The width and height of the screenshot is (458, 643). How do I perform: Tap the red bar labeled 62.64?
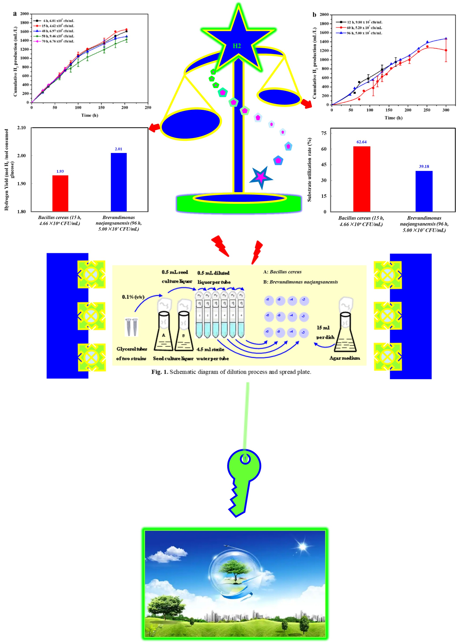(362, 179)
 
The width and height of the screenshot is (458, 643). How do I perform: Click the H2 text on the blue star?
(237, 46)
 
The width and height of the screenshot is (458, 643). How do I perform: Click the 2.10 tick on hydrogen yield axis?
(21, 128)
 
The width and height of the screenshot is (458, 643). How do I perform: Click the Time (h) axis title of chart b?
(393, 118)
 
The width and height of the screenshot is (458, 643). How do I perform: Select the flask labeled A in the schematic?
(163, 332)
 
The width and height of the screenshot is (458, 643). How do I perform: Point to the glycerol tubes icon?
(132, 327)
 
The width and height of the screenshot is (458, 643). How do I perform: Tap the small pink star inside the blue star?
(261, 177)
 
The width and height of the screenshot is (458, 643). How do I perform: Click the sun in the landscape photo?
(302, 547)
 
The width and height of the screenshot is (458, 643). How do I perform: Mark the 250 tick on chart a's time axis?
(148, 107)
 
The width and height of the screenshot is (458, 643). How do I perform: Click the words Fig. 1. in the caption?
(160, 372)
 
